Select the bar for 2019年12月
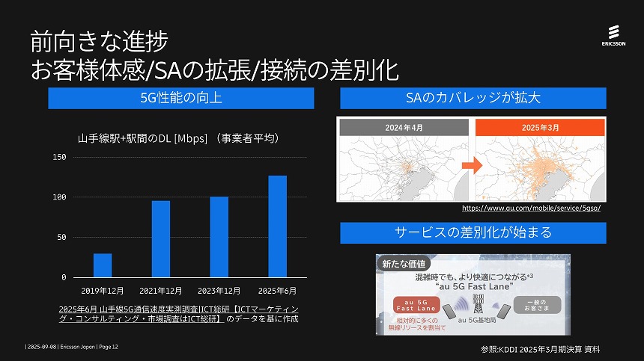point(103,265)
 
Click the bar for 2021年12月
point(161,238)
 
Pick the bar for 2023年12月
point(219,237)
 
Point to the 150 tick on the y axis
point(59,157)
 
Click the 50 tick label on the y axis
point(62,237)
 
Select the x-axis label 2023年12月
point(219,289)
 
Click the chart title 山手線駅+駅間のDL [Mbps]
point(178,138)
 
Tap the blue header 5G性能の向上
point(180,98)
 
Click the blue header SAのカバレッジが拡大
point(473,98)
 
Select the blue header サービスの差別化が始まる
point(473,232)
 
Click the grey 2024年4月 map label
point(404,127)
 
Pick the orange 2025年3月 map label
point(540,127)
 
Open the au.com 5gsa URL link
point(532,208)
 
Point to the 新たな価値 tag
point(404,264)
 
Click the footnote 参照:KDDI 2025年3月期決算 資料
point(540,349)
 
